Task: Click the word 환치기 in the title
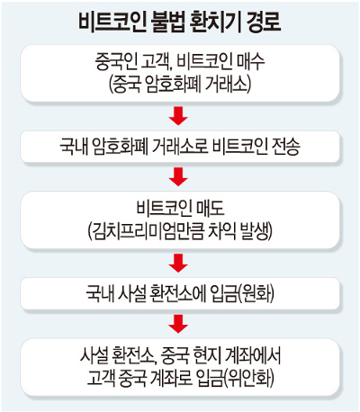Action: point(214,22)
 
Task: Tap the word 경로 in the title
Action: point(263,22)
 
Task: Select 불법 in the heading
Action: point(166,22)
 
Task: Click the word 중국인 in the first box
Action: point(116,61)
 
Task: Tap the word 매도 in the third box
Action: point(211,209)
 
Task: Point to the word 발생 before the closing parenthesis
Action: point(255,231)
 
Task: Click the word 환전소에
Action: point(177,293)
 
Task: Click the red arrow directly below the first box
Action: point(178,115)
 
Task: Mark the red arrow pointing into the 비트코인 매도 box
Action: point(178,177)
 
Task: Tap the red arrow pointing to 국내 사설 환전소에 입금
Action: point(178,263)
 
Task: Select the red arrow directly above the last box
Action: point(178,324)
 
